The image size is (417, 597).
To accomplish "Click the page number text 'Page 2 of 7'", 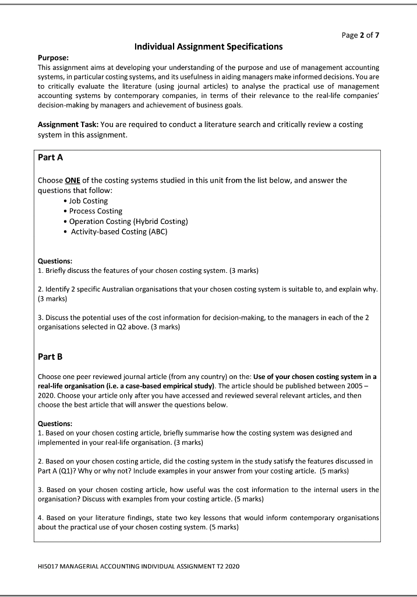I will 360,35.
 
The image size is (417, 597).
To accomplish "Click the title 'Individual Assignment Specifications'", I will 208,46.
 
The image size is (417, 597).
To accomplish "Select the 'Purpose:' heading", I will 54,58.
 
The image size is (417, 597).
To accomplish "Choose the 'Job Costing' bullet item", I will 89,201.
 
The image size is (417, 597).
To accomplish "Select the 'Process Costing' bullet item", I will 96,211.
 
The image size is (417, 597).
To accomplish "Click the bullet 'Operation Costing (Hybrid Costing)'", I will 128,221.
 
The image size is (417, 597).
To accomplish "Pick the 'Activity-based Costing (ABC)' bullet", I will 119,231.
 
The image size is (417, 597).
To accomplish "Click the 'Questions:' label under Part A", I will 56,261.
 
